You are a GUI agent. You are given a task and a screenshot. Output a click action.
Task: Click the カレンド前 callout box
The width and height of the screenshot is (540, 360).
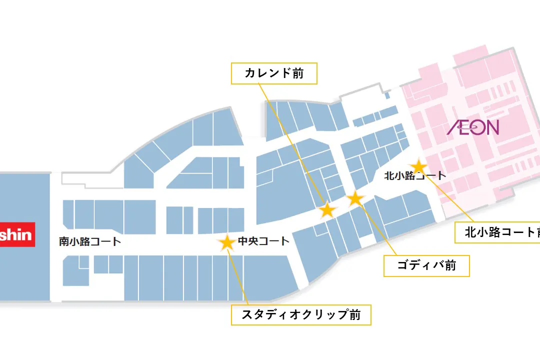click(274, 73)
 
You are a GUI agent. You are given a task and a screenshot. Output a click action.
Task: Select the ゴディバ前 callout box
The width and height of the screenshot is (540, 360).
click(426, 265)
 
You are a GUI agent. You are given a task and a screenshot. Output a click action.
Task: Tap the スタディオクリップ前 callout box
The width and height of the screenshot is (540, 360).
click(301, 315)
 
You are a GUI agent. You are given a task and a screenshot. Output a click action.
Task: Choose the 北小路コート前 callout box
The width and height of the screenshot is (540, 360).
click(497, 232)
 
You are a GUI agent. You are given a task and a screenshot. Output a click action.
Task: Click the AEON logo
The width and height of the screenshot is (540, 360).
click(473, 127)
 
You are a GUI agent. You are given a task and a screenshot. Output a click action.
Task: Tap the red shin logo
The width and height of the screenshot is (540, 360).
click(17, 234)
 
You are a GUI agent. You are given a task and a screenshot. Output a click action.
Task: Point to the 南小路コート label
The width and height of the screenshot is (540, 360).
click(90, 241)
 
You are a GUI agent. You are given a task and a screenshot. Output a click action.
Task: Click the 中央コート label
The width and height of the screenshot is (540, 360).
click(263, 241)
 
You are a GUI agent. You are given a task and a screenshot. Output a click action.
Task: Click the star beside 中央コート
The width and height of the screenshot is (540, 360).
click(227, 242)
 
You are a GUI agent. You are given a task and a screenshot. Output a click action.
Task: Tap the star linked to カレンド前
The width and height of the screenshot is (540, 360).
click(327, 210)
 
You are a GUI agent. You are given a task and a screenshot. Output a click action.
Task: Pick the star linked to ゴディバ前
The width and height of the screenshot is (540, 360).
click(355, 198)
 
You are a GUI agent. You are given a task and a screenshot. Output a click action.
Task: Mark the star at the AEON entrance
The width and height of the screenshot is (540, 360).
click(418, 166)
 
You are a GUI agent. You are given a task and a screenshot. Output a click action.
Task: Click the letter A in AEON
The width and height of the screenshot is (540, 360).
click(454, 128)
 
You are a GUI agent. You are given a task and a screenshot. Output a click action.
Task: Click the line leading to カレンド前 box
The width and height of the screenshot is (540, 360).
click(295, 145)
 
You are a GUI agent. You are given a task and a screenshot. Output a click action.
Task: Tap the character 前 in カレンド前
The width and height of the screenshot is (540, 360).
click(297, 73)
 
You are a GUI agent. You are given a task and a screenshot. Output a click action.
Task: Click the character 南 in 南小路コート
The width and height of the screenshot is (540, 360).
click(64, 241)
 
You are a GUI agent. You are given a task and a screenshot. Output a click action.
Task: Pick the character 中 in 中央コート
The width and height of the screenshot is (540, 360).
click(243, 241)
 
